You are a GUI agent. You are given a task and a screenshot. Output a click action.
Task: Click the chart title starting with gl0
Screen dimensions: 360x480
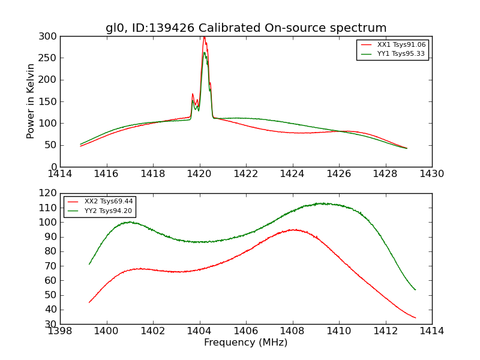pos(246,28)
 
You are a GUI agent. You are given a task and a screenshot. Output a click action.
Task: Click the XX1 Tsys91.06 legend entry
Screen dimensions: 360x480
pos(401,45)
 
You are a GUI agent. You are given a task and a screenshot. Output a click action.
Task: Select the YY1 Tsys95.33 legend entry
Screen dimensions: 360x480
pos(401,54)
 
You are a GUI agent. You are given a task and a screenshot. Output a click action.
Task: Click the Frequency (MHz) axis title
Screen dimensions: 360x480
pos(245,343)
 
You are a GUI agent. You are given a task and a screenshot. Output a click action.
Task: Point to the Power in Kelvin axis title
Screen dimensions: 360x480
pos(31,101)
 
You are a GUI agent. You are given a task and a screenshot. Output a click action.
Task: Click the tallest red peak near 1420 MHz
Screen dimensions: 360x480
pos(204,37)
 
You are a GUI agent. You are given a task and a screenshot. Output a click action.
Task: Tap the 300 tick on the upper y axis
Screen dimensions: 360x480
pos(50,36)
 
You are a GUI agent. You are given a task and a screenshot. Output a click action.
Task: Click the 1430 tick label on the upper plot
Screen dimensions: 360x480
pos(431,174)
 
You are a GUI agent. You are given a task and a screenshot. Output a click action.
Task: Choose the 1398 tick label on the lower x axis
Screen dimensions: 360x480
pos(60,331)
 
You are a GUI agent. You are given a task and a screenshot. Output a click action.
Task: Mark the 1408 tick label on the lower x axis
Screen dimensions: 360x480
pos(292,331)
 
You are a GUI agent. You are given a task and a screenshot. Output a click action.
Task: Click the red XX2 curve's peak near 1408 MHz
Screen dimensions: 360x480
pos(293,229)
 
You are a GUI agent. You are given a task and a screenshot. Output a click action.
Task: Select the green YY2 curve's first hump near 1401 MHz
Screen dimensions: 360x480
pos(129,222)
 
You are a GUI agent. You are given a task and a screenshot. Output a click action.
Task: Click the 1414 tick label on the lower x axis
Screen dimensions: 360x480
pos(431,331)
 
